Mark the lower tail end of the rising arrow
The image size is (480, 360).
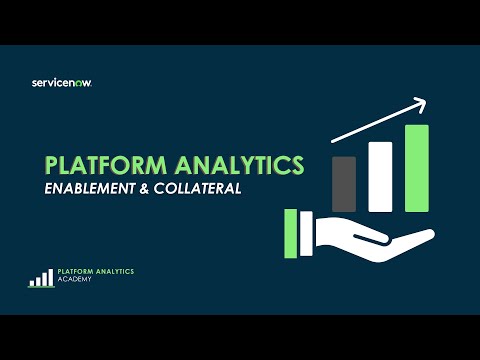point(334,141)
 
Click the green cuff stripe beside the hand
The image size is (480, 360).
point(291,234)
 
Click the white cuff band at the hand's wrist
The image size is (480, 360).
point(308,234)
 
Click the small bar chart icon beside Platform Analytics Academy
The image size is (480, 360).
point(41,278)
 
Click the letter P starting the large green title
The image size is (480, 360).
point(52,166)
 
